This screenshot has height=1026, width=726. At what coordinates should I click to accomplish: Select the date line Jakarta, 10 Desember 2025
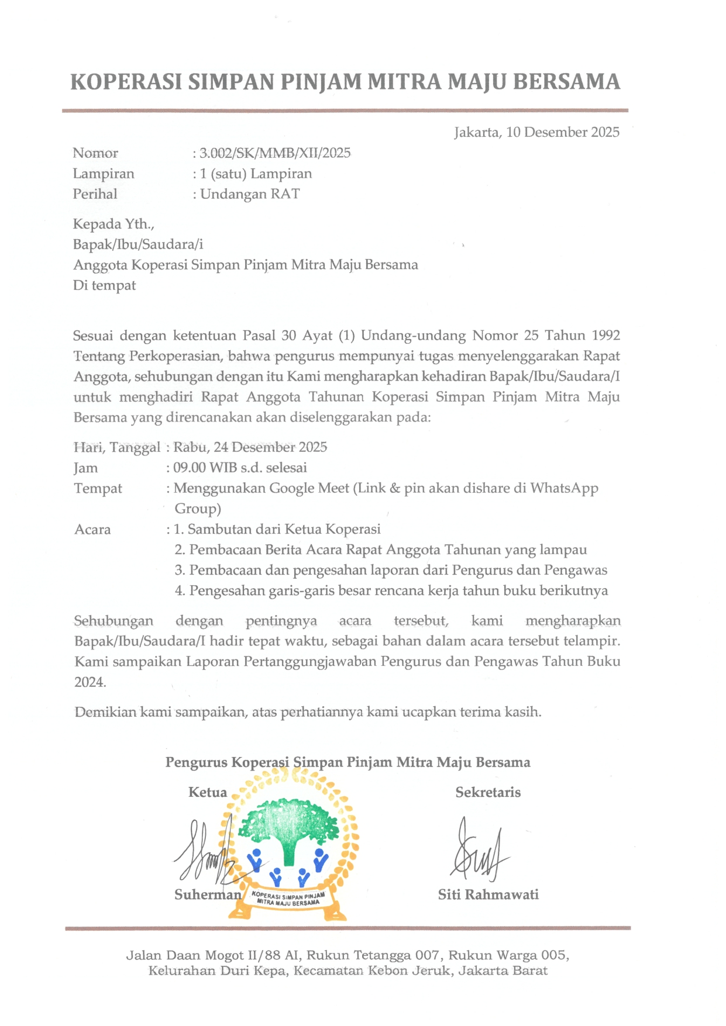click(536, 132)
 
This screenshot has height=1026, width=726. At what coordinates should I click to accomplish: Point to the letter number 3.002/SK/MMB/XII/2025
click(275, 153)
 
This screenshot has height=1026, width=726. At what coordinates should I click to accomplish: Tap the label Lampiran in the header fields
click(104, 174)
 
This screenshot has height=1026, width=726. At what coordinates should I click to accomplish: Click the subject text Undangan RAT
click(250, 194)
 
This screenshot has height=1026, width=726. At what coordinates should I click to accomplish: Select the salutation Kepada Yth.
click(113, 224)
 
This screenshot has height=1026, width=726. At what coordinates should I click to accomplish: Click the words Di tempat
click(105, 285)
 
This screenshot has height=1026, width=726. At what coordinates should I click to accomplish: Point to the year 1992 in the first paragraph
click(605, 336)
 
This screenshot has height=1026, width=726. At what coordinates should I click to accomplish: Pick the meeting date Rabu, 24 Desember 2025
click(250, 447)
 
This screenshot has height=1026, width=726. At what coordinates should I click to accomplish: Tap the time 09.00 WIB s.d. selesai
click(240, 468)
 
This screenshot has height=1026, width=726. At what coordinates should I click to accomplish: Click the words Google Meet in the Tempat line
click(309, 488)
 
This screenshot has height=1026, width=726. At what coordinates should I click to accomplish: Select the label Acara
click(92, 530)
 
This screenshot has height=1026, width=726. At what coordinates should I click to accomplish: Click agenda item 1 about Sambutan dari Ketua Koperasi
click(277, 530)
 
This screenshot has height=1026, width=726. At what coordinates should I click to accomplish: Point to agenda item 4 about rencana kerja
click(391, 591)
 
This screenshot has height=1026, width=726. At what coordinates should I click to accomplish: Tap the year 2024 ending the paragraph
click(90, 682)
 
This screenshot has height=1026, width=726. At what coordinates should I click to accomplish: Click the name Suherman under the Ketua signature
click(208, 895)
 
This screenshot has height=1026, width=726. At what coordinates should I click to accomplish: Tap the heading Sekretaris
click(488, 793)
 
